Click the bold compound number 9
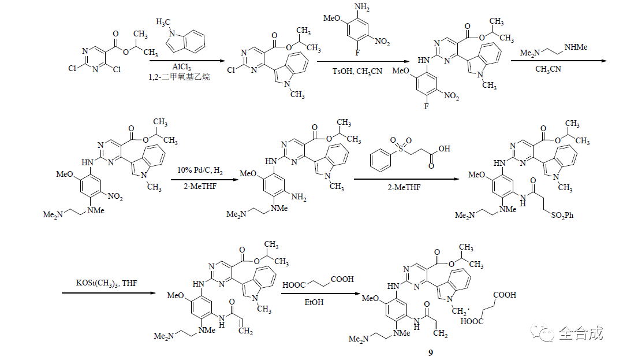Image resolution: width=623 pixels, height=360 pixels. (430, 352)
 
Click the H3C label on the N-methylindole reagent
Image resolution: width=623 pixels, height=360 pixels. (163, 22)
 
